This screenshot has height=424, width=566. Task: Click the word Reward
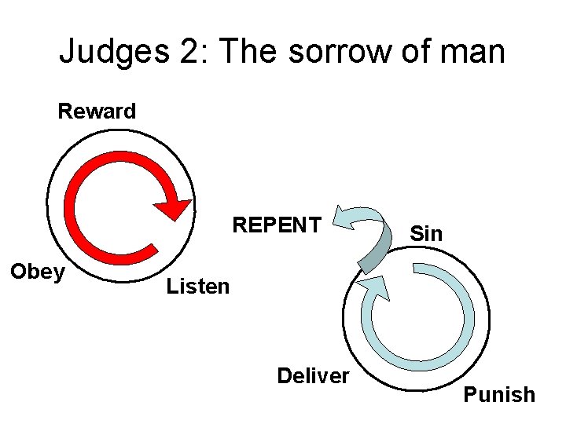[x=97, y=111]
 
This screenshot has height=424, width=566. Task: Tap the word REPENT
[x=276, y=225]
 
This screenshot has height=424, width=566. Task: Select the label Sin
[x=427, y=234]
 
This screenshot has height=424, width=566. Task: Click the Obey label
[x=36, y=272]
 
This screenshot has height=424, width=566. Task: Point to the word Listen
[x=198, y=287]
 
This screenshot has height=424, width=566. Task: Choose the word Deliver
[x=312, y=376]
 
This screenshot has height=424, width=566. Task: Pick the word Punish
[x=499, y=394]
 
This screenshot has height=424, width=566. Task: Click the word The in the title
[x=248, y=52]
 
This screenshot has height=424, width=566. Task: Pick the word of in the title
[x=417, y=52]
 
